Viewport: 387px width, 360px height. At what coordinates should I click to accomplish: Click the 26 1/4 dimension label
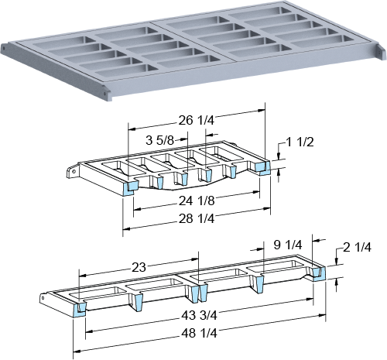(x=197, y=120)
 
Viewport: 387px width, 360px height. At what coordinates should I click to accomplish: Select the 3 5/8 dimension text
(x=159, y=140)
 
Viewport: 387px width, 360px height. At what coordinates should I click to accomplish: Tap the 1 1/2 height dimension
(x=300, y=142)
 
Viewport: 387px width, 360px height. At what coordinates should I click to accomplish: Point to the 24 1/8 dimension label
(x=197, y=201)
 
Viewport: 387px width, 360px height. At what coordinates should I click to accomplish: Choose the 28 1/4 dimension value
(x=197, y=218)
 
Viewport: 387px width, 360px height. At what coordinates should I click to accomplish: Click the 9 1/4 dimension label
(x=288, y=245)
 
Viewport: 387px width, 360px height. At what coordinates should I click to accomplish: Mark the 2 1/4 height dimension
(x=357, y=247)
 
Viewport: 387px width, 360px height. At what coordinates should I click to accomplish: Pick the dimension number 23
(x=139, y=267)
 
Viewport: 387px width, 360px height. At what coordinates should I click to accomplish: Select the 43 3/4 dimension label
(x=199, y=315)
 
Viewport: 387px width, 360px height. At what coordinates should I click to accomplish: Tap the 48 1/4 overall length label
(x=199, y=333)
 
